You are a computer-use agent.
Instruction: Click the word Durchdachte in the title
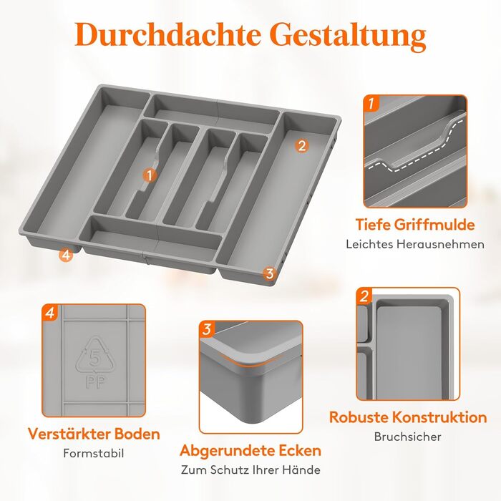167,34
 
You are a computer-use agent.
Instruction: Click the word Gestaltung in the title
350,36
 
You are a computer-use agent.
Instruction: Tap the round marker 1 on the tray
150,175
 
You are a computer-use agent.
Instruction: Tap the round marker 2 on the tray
301,146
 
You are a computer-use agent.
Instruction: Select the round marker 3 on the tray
270,273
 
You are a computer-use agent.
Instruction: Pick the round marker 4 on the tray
66,255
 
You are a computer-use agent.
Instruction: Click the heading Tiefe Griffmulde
415,224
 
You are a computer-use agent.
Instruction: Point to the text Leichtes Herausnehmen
415,245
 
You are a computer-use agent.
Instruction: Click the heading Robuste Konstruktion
408,417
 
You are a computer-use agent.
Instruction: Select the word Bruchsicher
408,437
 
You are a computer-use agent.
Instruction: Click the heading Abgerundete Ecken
250,450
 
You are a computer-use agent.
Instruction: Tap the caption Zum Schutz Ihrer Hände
250,470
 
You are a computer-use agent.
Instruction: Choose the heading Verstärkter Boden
94,434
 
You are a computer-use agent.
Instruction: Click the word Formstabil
94,453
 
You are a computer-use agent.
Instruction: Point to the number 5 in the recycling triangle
95,358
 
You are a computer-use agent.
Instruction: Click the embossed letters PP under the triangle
95,382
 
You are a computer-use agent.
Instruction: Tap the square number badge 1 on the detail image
371,103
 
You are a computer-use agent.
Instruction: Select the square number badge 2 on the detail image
364,296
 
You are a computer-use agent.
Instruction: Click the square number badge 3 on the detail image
207,329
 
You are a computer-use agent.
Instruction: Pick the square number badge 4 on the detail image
50,313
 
